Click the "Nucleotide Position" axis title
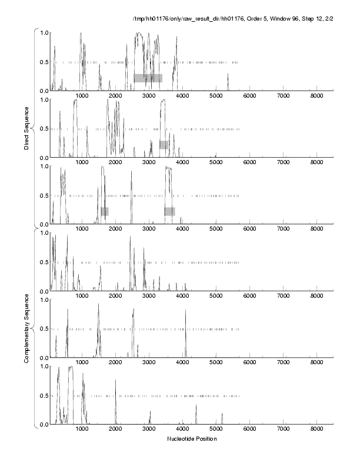[192, 439]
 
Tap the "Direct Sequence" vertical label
[27, 129]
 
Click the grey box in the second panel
[164, 145]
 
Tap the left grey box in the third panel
[105, 211]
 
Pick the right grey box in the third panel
[169, 211]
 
